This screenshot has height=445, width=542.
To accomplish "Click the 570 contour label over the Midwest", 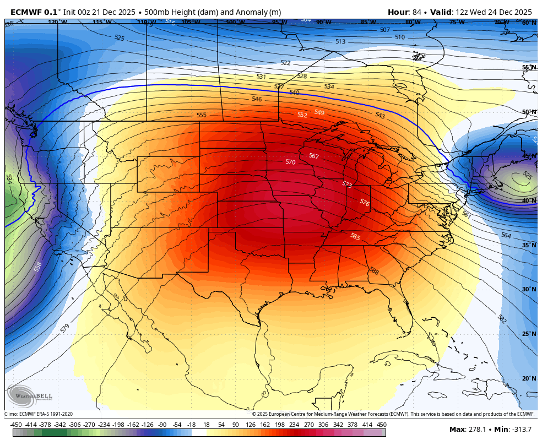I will (290, 162).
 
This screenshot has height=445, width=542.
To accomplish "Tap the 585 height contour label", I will (355, 236).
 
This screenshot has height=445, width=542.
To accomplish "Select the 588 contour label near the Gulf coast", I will (374, 271).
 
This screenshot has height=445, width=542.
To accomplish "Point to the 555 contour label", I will (202, 115).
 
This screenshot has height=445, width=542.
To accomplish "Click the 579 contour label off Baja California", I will (65, 328).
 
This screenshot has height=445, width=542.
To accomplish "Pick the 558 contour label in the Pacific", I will (38, 267).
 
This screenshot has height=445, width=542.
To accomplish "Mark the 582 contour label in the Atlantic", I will (502, 319).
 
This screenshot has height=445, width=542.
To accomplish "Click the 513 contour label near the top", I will (340, 42).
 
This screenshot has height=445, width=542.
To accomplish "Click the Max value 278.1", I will (478, 430).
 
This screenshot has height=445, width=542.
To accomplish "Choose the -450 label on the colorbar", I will (16, 425).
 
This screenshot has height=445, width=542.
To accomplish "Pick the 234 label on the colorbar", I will (294, 425).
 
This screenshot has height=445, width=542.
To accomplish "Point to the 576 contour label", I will (364, 203).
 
